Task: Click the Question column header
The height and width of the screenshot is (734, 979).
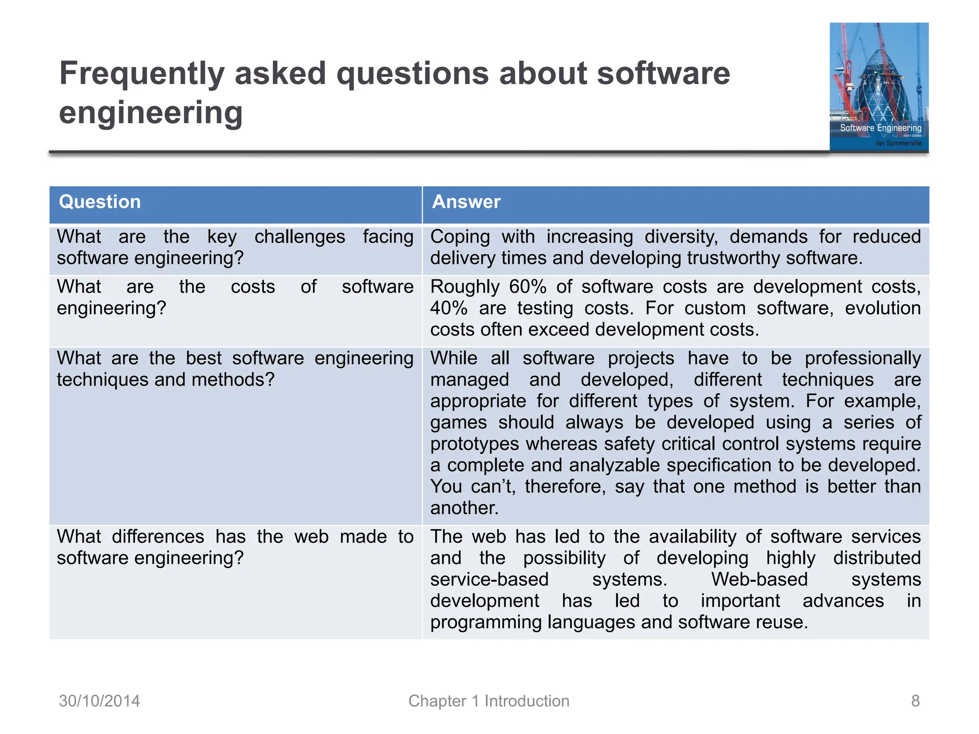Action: pos(99,202)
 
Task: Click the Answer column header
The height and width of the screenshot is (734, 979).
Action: pos(466,202)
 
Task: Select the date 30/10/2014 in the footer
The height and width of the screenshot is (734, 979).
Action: pos(99,701)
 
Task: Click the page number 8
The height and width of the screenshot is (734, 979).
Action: pos(915,701)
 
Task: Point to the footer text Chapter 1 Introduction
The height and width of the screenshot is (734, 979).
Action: pos(489,701)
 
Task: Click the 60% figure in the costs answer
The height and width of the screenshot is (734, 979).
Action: pos(527,287)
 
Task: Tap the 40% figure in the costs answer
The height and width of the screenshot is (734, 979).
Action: pos(448,308)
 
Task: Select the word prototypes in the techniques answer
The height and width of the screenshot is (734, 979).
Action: pos(474,444)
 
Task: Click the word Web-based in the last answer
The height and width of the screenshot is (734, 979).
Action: pos(759,580)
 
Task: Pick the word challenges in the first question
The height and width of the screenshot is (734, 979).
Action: pos(300,237)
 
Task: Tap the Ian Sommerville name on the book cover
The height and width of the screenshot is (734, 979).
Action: pos(898,143)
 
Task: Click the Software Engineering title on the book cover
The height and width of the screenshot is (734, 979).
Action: pos(881,128)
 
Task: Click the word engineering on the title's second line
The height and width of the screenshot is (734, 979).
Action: pos(151,113)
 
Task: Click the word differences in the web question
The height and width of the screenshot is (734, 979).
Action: pos(158,537)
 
